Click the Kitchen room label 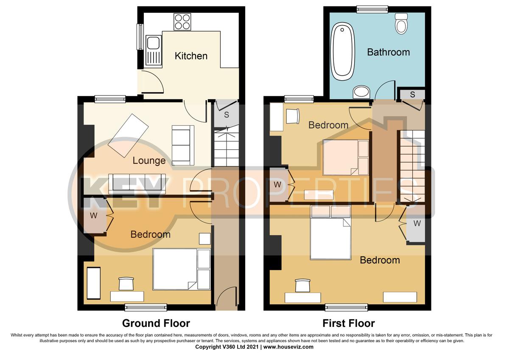click(191, 56)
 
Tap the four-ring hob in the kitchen click(182, 22)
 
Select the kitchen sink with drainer click(153, 50)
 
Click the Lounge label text click(149, 160)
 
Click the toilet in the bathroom click(401, 23)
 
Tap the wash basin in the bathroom click(361, 92)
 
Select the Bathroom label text click(388, 52)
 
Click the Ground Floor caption click(156, 323)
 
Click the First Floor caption click(348, 323)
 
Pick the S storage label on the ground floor click(227, 115)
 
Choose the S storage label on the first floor click(411, 94)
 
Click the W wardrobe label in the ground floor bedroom click(94, 215)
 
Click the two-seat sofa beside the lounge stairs click(183, 145)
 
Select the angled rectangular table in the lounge click(128, 135)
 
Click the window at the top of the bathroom click(372, 9)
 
